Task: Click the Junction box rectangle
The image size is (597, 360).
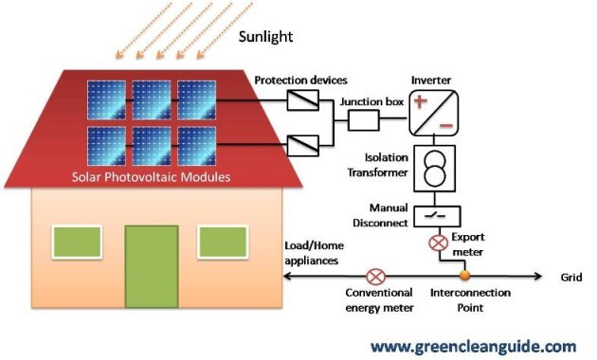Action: (x=364, y=120)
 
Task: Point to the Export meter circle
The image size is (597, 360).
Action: (x=439, y=243)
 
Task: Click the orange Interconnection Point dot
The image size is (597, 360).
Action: (x=464, y=277)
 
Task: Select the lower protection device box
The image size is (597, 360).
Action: (x=302, y=145)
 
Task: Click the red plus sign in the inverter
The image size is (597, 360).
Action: (x=420, y=99)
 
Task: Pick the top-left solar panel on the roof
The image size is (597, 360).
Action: (x=106, y=99)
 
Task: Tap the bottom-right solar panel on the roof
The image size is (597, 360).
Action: (x=196, y=145)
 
